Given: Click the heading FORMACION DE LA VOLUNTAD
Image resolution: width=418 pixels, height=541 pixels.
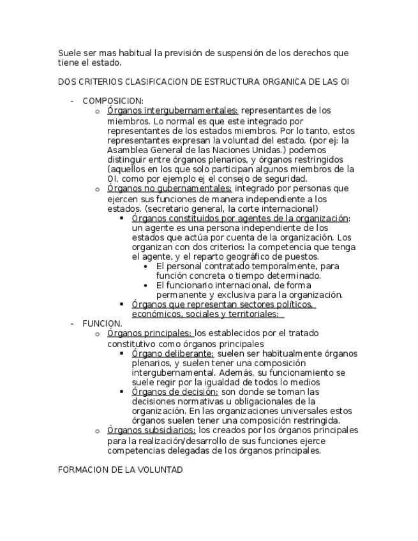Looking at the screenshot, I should [120, 470].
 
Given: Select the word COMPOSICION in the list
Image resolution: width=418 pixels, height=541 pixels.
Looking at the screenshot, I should [112, 101].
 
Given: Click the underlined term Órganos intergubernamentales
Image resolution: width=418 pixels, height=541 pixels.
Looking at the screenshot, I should [173, 110].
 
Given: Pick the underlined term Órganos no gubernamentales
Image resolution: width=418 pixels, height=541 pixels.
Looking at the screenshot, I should [170, 189].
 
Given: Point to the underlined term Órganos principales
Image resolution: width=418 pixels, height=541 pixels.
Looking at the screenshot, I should [150, 333].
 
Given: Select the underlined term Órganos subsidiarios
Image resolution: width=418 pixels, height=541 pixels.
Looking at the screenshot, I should [151, 431].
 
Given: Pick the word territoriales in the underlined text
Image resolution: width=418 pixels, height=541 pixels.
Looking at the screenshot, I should [250, 314].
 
